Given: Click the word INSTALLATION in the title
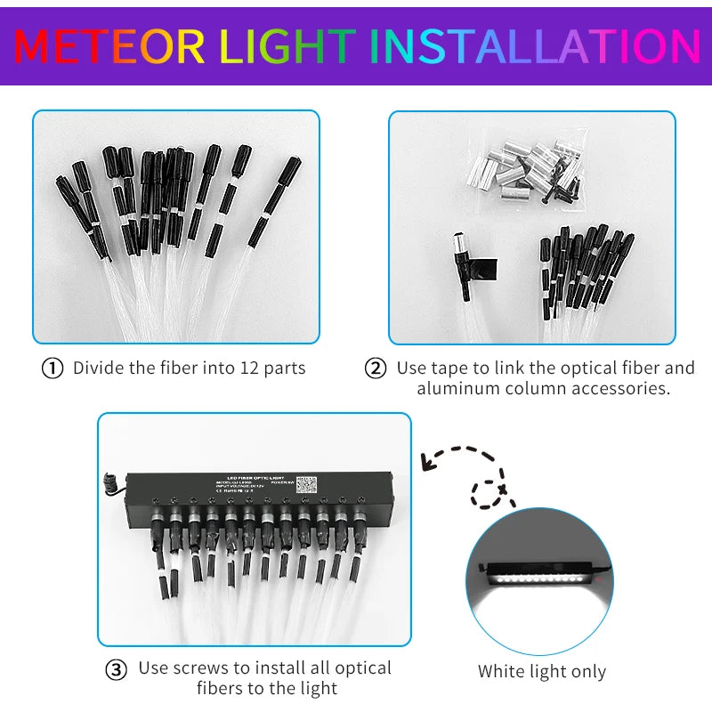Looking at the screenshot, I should tap(534, 46).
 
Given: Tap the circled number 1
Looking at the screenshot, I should tap(53, 368).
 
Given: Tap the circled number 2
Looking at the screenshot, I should tap(376, 368).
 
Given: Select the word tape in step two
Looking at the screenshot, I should tap(454, 368).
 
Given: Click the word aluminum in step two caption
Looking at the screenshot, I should tap(456, 390).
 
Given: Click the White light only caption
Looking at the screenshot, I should tap(541, 672).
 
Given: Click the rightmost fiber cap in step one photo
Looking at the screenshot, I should tap(290, 172).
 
